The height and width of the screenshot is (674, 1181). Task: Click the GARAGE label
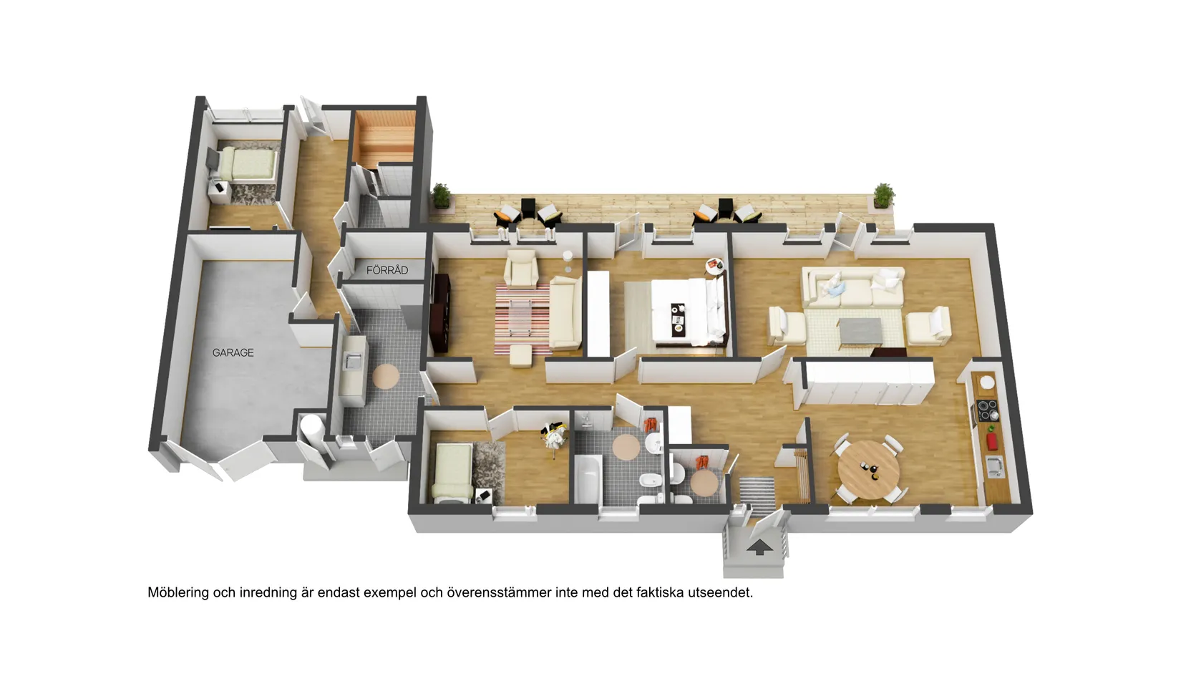[x=233, y=352]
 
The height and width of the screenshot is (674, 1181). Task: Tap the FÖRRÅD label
[x=387, y=270]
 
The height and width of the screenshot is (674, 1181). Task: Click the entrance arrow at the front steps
[x=759, y=548]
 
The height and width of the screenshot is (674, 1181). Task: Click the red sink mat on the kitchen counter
[x=992, y=439]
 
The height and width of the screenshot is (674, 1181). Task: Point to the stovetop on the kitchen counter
[x=988, y=410]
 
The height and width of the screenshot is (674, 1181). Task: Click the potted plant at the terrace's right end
[x=884, y=195]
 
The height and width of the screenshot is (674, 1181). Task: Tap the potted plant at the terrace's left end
[x=441, y=195]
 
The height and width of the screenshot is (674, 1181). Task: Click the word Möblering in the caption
[x=178, y=593]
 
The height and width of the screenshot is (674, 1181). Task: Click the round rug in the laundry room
[x=386, y=376]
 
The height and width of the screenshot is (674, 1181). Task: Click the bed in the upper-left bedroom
[x=248, y=164]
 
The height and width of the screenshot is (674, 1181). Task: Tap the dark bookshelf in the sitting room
[x=439, y=314]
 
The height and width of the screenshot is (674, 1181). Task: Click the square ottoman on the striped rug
[x=520, y=355]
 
